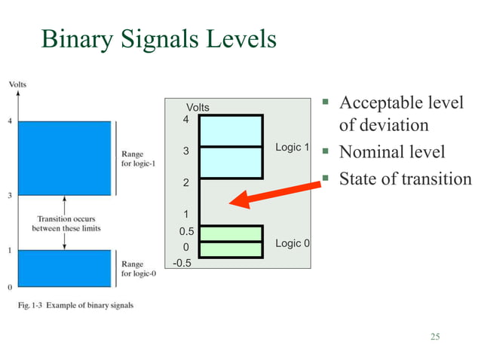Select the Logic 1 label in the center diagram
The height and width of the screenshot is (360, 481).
pyautogui.click(x=293, y=148)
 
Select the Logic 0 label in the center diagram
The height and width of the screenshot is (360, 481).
pyautogui.click(x=293, y=243)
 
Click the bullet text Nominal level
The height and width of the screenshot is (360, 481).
pyautogui.click(x=392, y=152)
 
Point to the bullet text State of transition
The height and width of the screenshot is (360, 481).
pyautogui.click(x=405, y=179)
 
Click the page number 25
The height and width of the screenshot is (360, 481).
pyautogui.click(x=434, y=336)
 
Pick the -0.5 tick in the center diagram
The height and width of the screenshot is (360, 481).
pyautogui.click(x=182, y=263)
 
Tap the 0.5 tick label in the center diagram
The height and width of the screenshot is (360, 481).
pyautogui.click(x=185, y=232)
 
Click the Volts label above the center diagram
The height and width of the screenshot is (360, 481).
pyautogui.click(x=198, y=108)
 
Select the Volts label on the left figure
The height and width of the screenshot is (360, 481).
pyautogui.click(x=17, y=84)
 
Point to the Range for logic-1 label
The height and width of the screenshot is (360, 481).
pyautogui.click(x=138, y=160)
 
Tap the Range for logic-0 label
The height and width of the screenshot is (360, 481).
pyautogui.click(x=138, y=270)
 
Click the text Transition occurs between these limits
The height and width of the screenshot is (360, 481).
pyautogui.click(x=66, y=223)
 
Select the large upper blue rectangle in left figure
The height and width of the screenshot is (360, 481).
pyautogui.click(x=65, y=157)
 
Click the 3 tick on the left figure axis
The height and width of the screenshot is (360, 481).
pyautogui.click(x=9, y=196)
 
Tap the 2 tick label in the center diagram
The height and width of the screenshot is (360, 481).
pyautogui.click(x=186, y=183)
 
